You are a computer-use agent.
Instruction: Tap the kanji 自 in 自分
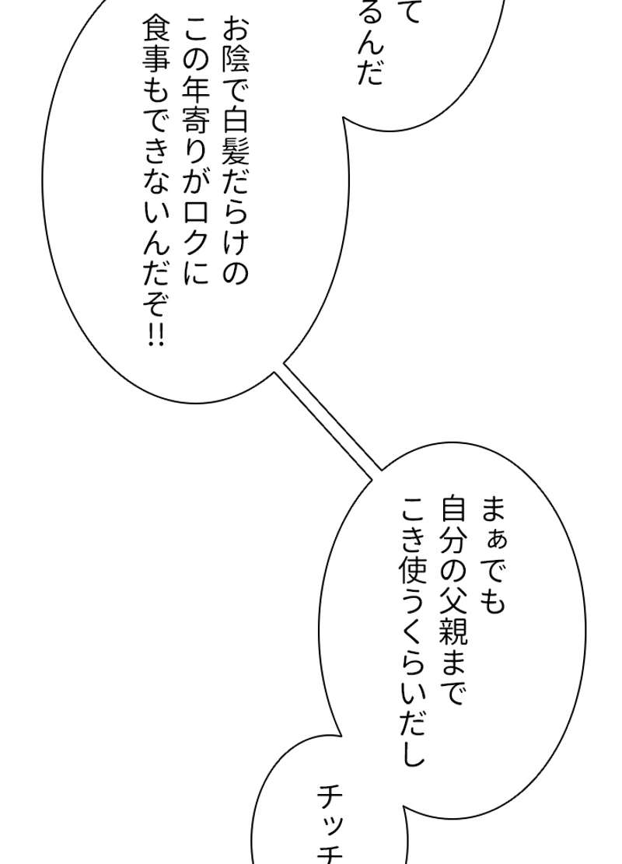click(x=453, y=509)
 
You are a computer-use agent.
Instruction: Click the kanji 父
click(x=453, y=596)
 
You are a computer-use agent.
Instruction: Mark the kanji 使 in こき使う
click(x=412, y=567)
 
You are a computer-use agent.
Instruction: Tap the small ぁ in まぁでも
click(x=493, y=537)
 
